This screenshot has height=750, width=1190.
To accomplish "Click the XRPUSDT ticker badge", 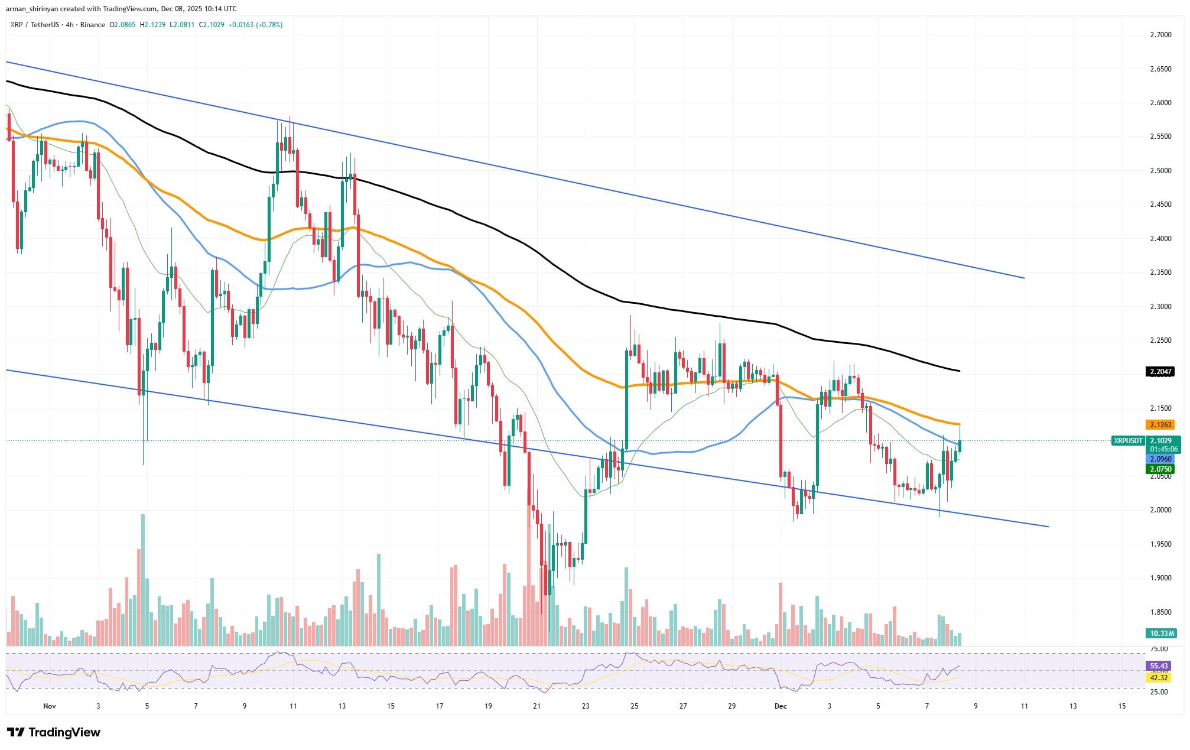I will coord(1127,441).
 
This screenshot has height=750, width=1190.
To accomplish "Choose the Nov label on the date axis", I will coord(50,706).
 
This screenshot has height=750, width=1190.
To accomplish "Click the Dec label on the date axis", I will coord(781,706).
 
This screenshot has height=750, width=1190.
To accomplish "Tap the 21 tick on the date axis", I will coord(537,706).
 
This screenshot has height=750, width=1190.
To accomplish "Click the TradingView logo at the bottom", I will coord(54,733).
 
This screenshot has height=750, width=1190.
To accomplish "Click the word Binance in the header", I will coord(93,25).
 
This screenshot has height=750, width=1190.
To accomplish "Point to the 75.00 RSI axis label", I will coord(1155,649).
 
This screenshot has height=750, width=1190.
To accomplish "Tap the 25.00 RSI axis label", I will coord(1155,692).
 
